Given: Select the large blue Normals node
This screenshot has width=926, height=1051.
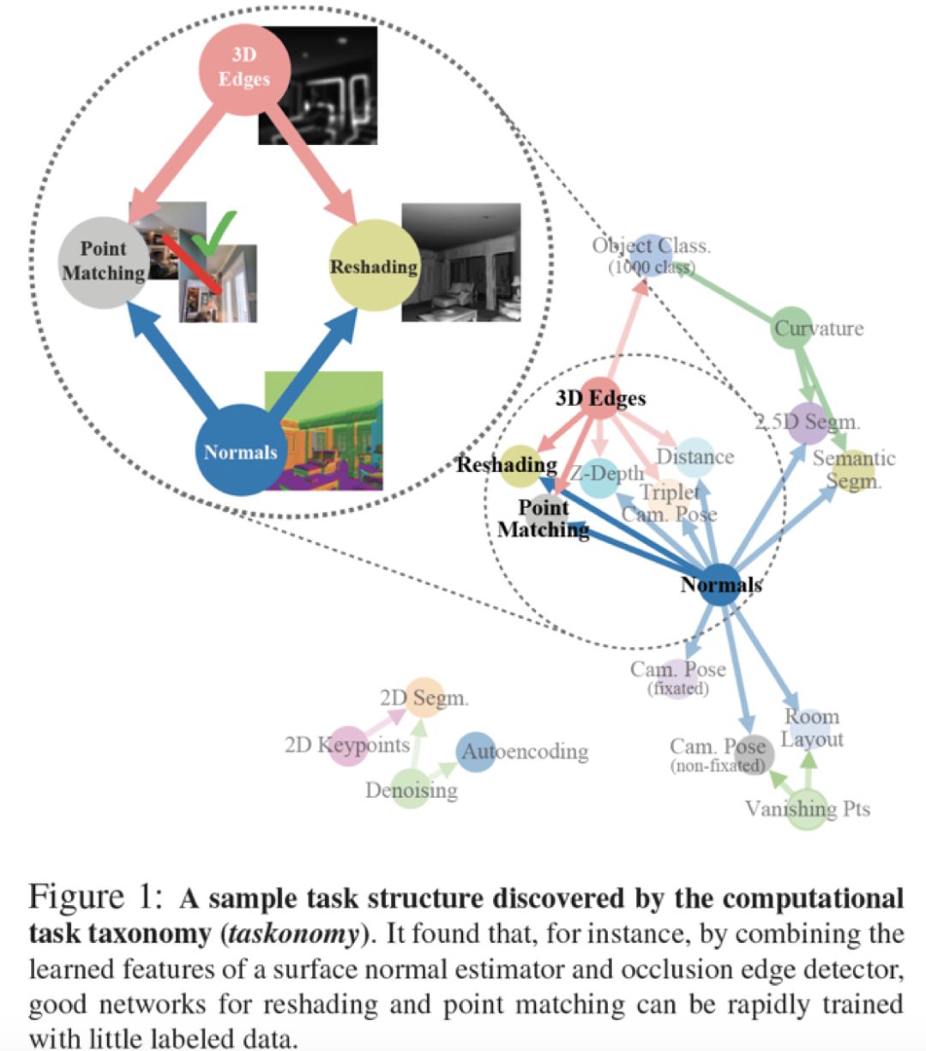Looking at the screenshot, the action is click(241, 450).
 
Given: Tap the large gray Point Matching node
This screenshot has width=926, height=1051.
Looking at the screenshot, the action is click(105, 263).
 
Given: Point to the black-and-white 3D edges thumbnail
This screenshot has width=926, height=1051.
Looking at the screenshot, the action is click(317, 85).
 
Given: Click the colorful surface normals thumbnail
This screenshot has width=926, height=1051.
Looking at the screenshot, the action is click(323, 431).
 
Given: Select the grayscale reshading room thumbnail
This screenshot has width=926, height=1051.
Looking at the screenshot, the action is click(461, 262).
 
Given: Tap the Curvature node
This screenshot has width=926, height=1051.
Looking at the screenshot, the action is click(793, 328).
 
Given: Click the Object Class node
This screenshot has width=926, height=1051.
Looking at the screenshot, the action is click(652, 255).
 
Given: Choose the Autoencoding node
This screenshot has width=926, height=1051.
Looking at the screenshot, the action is click(476, 752).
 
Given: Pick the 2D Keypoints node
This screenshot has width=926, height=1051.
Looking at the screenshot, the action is click(348, 746).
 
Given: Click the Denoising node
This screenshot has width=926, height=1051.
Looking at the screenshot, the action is click(411, 789).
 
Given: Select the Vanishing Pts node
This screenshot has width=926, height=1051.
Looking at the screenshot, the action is click(808, 809).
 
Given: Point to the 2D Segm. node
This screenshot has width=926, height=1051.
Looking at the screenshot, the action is click(425, 698).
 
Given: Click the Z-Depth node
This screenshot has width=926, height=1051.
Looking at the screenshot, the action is click(599, 478).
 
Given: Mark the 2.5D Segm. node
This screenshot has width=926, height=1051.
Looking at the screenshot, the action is click(808, 423).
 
